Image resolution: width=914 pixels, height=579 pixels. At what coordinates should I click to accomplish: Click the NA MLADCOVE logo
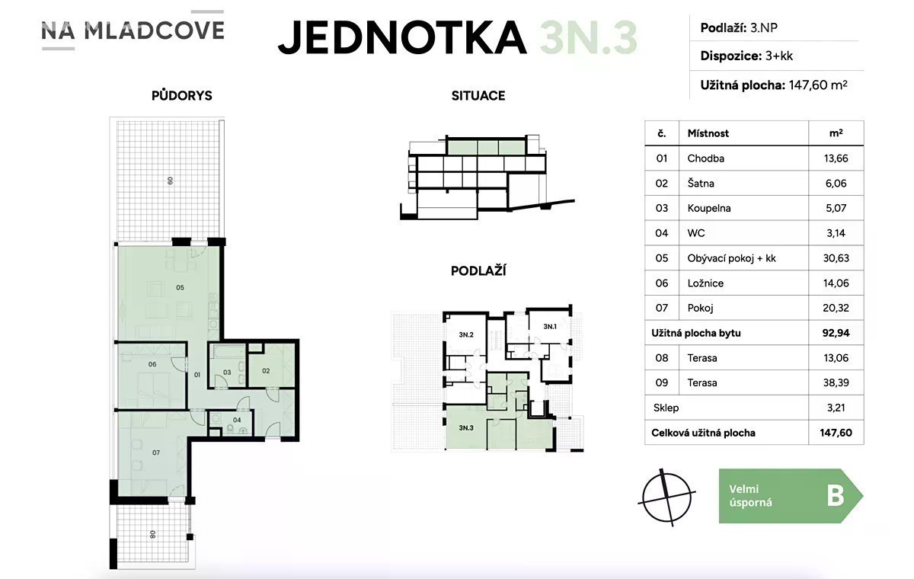(133, 30)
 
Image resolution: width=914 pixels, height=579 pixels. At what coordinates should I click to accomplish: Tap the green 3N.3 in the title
(588, 37)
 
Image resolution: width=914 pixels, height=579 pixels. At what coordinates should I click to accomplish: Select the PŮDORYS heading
(181, 95)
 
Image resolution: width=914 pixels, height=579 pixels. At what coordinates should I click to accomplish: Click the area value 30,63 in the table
(836, 258)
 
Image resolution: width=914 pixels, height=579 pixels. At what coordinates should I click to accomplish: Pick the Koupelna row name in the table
(709, 208)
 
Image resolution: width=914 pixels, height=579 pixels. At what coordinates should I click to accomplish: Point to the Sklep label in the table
(666, 408)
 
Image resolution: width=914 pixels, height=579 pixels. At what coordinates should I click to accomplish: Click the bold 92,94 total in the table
(836, 333)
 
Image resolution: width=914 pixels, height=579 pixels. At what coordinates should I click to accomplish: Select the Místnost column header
(708, 133)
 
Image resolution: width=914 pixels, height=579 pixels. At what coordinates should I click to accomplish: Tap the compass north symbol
(666, 497)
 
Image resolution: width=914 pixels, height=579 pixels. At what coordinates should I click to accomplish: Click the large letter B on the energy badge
(836, 496)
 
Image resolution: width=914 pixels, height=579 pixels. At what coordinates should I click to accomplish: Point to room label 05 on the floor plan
(180, 288)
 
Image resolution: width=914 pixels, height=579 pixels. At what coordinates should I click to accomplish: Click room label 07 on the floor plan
(156, 453)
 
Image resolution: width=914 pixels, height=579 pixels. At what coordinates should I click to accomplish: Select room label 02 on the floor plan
(266, 371)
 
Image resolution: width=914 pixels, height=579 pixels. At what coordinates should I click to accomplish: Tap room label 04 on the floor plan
(237, 420)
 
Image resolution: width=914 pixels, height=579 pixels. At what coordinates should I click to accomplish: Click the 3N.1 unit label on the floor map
(550, 326)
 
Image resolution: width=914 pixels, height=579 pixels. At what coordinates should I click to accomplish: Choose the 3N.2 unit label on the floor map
(466, 334)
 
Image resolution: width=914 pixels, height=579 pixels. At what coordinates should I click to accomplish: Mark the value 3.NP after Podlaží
(764, 27)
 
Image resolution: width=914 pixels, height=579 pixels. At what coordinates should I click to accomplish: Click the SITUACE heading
(478, 95)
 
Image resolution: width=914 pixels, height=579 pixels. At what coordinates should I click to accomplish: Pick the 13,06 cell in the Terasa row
(836, 358)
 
